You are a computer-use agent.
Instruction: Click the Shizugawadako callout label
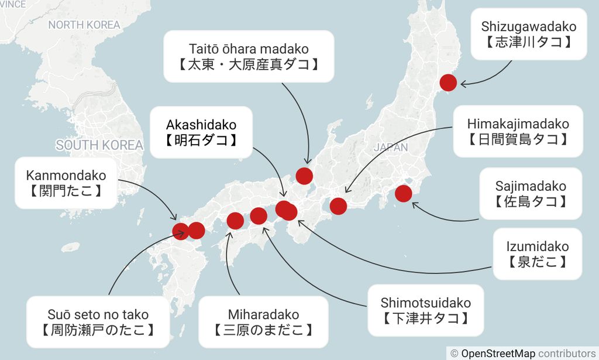pyautogui.click(x=528, y=34)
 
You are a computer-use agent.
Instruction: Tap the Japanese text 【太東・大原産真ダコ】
pyautogui.click(x=249, y=64)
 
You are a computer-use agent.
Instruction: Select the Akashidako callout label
pyautogui.click(x=201, y=132)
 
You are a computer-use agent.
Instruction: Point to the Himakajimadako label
pyautogui.click(x=518, y=131)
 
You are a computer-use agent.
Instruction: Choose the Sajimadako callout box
pyautogui.click(x=531, y=194)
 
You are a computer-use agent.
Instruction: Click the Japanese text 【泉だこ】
pyautogui.click(x=537, y=262)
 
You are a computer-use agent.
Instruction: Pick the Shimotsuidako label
pyautogui.click(x=425, y=310)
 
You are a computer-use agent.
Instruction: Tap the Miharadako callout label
pyautogui.click(x=263, y=322)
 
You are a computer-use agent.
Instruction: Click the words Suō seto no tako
pyautogui.click(x=98, y=314)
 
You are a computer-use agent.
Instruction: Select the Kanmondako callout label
pyautogui.click(x=66, y=183)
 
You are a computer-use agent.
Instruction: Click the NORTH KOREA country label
pyautogui.click(x=84, y=25)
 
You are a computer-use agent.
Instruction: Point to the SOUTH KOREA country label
pyautogui.click(x=99, y=145)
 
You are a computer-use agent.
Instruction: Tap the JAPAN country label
pyautogui.click(x=390, y=148)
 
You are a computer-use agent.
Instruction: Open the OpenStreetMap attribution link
pyautogui.click(x=498, y=353)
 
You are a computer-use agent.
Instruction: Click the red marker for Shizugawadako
pyautogui.click(x=448, y=83)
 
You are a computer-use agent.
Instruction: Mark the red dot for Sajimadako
pyautogui.click(x=403, y=193)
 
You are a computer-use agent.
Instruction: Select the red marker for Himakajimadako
pyautogui.click(x=338, y=206)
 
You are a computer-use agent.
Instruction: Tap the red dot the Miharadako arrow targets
pyautogui.click(x=235, y=221)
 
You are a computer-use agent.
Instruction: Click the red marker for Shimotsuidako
pyautogui.click(x=259, y=216)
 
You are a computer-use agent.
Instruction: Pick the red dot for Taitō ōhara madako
pyautogui.click(x=304, y=176)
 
